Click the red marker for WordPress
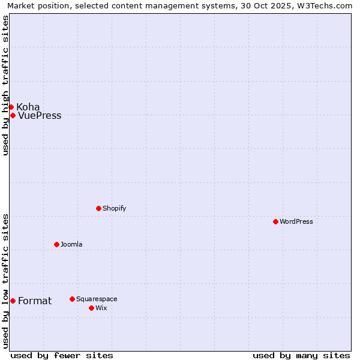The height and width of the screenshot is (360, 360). [x=275, y=221]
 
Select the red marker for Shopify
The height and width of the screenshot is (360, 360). [x=98, y=208]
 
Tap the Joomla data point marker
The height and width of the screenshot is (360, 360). [x=56, y=244]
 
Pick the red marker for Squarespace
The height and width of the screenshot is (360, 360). [x=72, y=299]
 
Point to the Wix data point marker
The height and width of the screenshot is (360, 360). [x=91, y=308]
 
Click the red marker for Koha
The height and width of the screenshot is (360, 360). [x=11, y=107]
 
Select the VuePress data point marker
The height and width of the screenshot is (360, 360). [x=13, y=115]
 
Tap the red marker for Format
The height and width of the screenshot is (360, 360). [x=13, y=301]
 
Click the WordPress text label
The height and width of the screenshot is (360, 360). [x=296, y=221]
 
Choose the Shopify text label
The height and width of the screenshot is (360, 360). [x=114, y=208]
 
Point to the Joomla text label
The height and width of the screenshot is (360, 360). [x=71, y=244]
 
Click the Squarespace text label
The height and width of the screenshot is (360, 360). [x=97, y=299]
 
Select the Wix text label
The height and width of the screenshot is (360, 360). [x=101, y=308]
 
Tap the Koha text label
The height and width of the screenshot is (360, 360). [x=28, y=107]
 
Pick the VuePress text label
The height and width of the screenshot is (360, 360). [x=40, y=116]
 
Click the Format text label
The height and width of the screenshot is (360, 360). [x=35, y=301]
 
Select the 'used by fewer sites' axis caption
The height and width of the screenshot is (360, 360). [x=62, y=355]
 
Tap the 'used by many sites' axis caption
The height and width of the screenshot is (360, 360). [x=301, y=355]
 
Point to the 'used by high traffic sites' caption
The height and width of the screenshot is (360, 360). [x=5, y=85]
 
